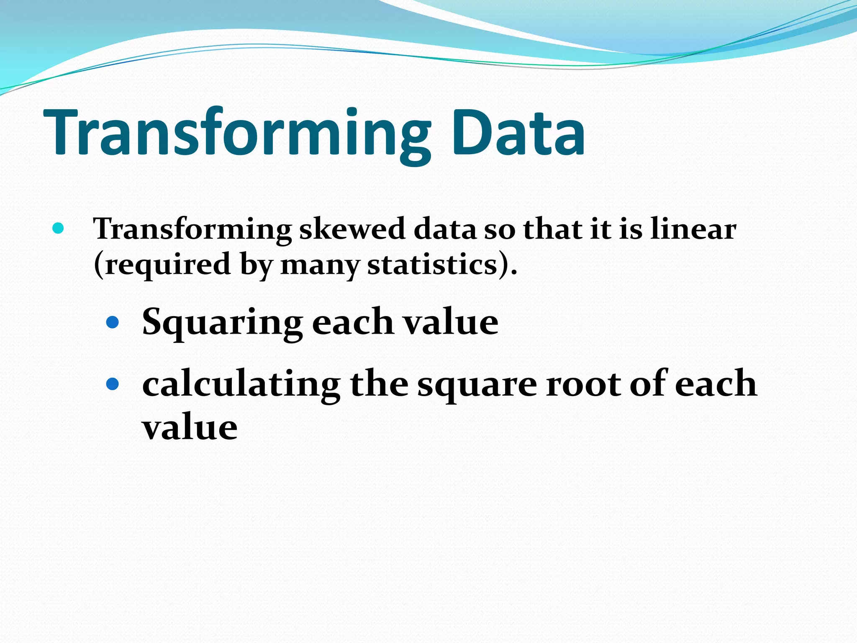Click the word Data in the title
(x=518, y=133)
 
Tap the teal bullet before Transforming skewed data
(x=58, y=228)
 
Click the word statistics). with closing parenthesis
(x=442, y=265)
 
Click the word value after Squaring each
(x=450, y=322)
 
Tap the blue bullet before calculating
(x=113, y=383)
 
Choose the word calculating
(x=241, y=384)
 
